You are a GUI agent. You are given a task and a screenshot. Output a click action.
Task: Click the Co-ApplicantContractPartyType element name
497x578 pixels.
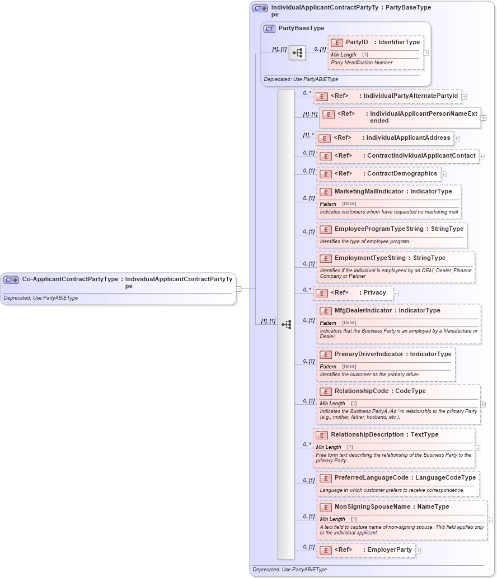click(x=70, y=279)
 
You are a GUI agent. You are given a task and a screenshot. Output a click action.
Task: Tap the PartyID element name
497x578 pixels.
click(x=357, y=42)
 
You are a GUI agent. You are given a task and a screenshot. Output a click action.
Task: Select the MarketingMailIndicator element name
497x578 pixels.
click(x=369, y=192)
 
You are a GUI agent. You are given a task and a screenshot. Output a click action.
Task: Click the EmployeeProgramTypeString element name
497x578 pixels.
click(x=379, y=229)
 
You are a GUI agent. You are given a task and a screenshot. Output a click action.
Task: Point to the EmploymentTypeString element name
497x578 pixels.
click(x=370, y=258)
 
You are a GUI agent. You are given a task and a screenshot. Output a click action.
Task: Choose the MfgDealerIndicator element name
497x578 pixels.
click(x=363, y=311)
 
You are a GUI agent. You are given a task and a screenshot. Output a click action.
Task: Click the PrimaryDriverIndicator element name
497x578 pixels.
click(x=369, y=354)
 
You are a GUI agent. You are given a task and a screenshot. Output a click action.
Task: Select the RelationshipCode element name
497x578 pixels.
click(x=361, y=391)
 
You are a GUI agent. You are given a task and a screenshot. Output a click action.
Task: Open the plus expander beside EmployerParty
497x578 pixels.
click(x=418, y=551)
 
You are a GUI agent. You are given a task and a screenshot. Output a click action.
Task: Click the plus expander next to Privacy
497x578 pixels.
click(x=396, y=293)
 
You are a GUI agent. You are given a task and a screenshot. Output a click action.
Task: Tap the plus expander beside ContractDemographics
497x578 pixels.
click(x=443, y=174)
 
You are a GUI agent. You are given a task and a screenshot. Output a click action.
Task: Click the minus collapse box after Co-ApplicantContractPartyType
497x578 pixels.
click(x=238, y=289)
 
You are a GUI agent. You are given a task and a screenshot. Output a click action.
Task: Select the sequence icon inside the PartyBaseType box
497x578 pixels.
click(x=297, y=53)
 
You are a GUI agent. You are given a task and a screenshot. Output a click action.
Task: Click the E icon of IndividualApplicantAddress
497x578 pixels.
click(x=324, y=138)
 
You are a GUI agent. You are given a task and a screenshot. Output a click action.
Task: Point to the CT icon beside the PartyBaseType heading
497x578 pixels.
click(x=269, y=29)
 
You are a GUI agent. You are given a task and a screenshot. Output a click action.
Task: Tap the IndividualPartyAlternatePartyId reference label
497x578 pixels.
click(x=410, y=96)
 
